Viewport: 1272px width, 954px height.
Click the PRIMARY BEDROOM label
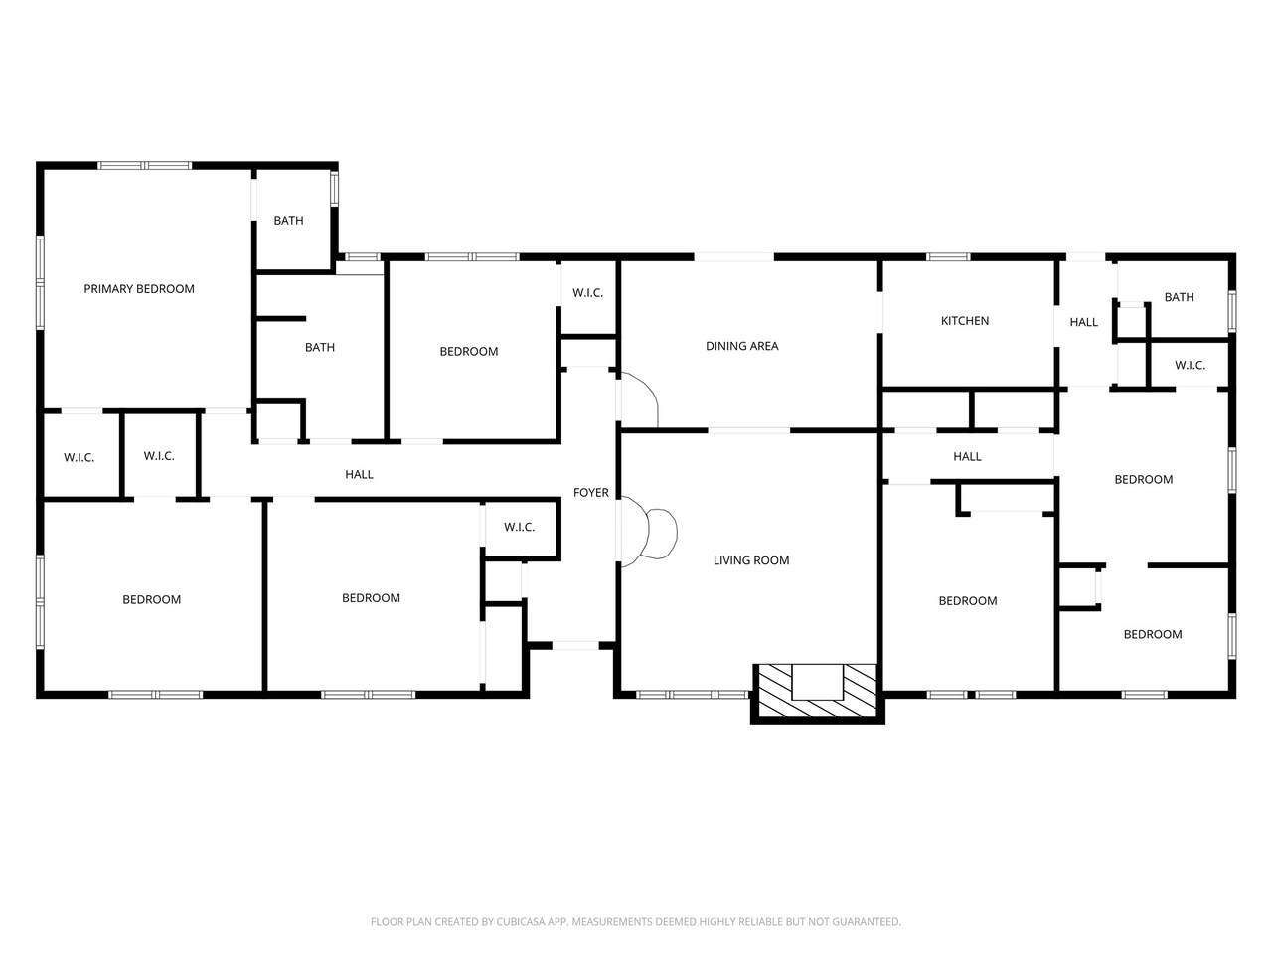139,289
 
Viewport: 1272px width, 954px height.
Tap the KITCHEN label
965,321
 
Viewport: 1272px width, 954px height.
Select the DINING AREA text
741,346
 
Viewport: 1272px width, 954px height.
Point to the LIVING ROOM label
751,560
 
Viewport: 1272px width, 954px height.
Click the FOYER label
591,493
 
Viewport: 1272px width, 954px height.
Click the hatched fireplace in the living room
818,693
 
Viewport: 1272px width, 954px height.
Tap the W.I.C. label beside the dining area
587,293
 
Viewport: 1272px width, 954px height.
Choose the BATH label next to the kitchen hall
1180,297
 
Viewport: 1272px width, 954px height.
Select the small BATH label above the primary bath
288,220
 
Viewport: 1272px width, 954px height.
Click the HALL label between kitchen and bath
1083,322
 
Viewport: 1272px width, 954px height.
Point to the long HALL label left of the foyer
360,474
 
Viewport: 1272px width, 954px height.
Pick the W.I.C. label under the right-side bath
1191,365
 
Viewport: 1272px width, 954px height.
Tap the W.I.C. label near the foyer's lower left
519,527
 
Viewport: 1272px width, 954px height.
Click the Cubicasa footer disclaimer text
636,921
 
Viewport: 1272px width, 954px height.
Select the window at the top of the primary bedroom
144,166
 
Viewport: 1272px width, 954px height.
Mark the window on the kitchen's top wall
948,257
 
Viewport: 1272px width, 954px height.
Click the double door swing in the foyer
649,533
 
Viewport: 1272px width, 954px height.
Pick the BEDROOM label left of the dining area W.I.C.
469,352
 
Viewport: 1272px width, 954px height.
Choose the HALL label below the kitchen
967,457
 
